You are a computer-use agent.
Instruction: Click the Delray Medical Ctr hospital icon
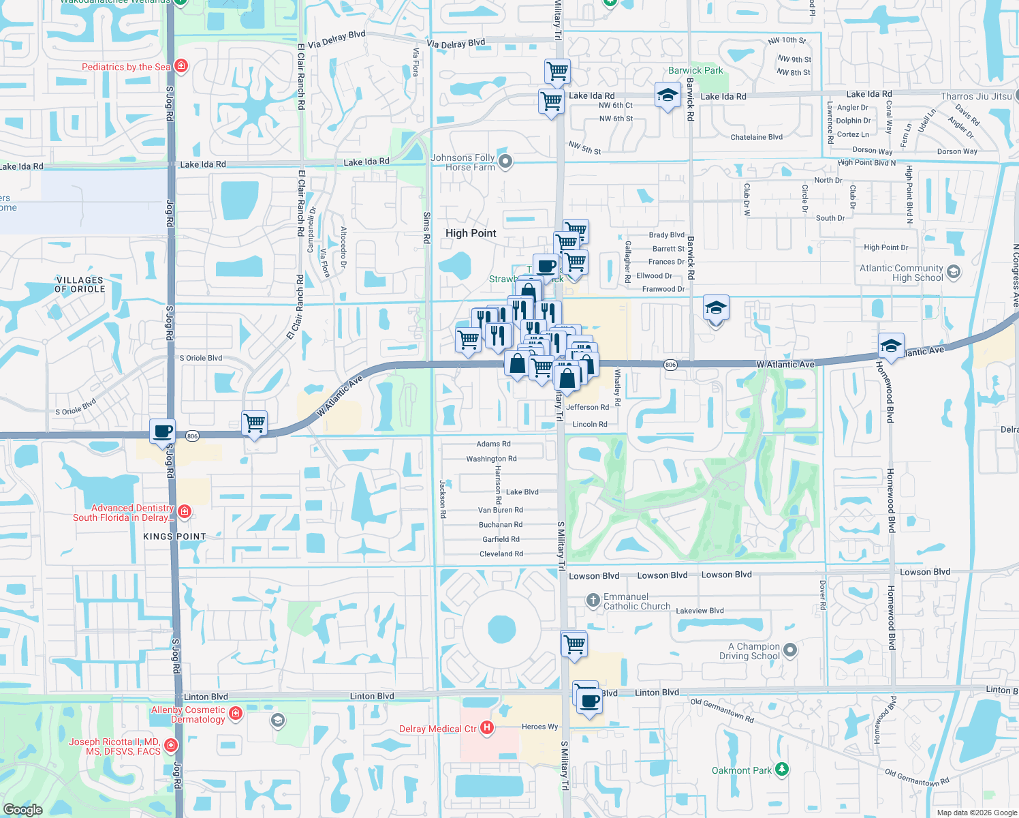[486, 728]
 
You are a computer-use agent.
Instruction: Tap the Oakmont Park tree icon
[782, 770]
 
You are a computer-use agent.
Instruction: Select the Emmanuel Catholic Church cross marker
[593, 601]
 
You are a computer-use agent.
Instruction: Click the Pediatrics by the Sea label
[126, 67]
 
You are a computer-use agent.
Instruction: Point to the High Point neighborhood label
[471, 233]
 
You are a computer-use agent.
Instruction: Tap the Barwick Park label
[695, 70]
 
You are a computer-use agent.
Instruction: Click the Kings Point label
[174, 536]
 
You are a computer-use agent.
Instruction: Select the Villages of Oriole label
[80, 284]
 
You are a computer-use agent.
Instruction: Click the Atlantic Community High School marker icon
[954, 272]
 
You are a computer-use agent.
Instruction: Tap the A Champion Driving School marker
[790, 650]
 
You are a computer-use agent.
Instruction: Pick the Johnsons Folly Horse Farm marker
[505, 162]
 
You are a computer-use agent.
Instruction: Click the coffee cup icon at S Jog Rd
[163, 431]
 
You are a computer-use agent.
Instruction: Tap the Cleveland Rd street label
[501, 554]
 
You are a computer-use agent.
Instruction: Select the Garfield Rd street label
[501, 539]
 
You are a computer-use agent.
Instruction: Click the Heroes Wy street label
[539, 727]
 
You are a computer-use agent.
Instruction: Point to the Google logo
[22, 809]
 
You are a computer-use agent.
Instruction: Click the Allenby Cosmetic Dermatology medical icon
[236, 714]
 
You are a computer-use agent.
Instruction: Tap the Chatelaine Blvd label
[756, 137]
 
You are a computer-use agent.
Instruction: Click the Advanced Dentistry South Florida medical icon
[184, 511]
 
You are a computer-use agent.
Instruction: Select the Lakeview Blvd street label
[700, 611]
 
